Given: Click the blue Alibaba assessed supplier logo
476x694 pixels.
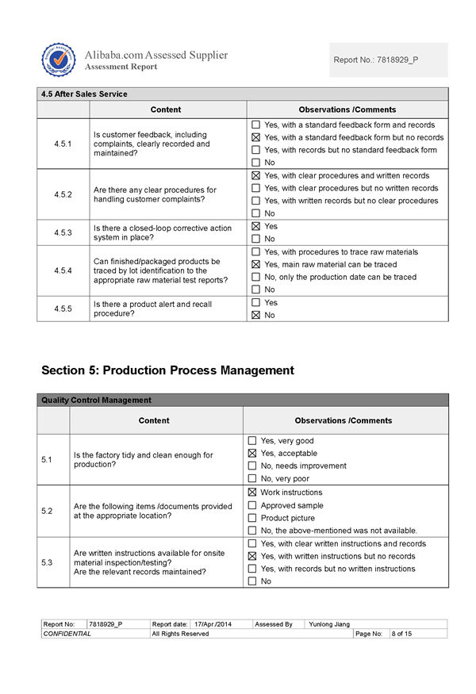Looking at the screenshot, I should (58, 60).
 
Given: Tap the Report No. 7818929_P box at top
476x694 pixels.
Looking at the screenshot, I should (388, 59).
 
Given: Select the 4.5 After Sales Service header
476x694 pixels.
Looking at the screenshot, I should (84, 94).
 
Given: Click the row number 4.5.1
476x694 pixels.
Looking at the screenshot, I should (63, 144).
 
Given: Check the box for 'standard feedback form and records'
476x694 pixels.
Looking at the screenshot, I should (255, 125).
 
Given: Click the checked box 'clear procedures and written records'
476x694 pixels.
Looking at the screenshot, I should (255, 175).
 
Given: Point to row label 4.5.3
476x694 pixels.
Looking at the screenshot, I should (63, 232).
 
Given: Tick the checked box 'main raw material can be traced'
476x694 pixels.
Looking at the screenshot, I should (255, 264).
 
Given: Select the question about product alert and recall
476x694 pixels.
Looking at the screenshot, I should (152, 309).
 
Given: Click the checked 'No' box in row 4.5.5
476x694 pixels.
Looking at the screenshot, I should (255, 315).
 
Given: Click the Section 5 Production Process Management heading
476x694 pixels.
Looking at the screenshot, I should (167, 370).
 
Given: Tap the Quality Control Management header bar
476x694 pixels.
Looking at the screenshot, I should (96, 400).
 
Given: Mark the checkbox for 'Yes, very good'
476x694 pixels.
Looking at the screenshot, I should (252, 440).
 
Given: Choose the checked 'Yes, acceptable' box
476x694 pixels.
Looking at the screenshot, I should (252, 453).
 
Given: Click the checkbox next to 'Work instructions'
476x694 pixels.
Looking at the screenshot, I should (252, 493).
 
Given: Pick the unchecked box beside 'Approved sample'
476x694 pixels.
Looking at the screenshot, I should (252, 505).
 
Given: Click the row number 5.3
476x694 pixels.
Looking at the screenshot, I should (47, 562).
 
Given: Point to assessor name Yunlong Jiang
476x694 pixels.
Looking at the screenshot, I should (328, 624).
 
